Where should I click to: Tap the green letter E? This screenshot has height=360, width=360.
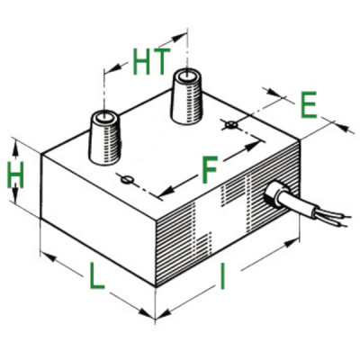[309, 104]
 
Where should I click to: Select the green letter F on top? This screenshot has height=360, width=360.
[210, 170]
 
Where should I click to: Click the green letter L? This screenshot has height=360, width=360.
[96, 275]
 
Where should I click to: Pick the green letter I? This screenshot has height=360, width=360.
[222, 276]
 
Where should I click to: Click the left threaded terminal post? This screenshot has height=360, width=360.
[105, 137]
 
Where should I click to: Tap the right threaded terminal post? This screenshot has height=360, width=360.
[187, 96]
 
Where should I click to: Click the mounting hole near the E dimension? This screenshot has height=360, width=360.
[231, 124]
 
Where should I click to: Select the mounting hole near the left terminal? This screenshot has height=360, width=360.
[127, 179]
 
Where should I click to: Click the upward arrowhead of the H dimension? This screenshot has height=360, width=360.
[15, 150]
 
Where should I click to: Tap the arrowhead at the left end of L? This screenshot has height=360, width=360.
[49, 257]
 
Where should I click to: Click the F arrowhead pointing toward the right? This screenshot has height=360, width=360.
[252, 147]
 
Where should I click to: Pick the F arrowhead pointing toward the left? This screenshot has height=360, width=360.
[166, 190]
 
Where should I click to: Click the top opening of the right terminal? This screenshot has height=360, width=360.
[186, 76]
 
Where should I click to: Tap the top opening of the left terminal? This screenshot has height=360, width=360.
[104, 117]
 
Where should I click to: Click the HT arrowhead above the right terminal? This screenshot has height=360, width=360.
[179, 38]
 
